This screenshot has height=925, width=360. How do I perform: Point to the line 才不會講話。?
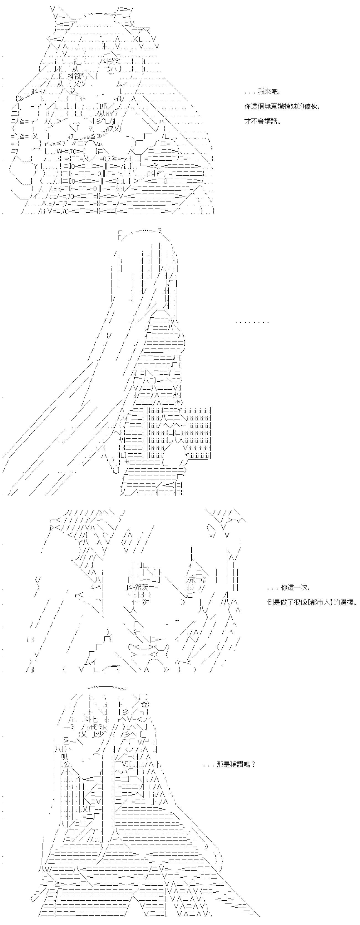coord(262,121)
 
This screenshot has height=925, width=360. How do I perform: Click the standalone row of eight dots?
coord(252,322)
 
